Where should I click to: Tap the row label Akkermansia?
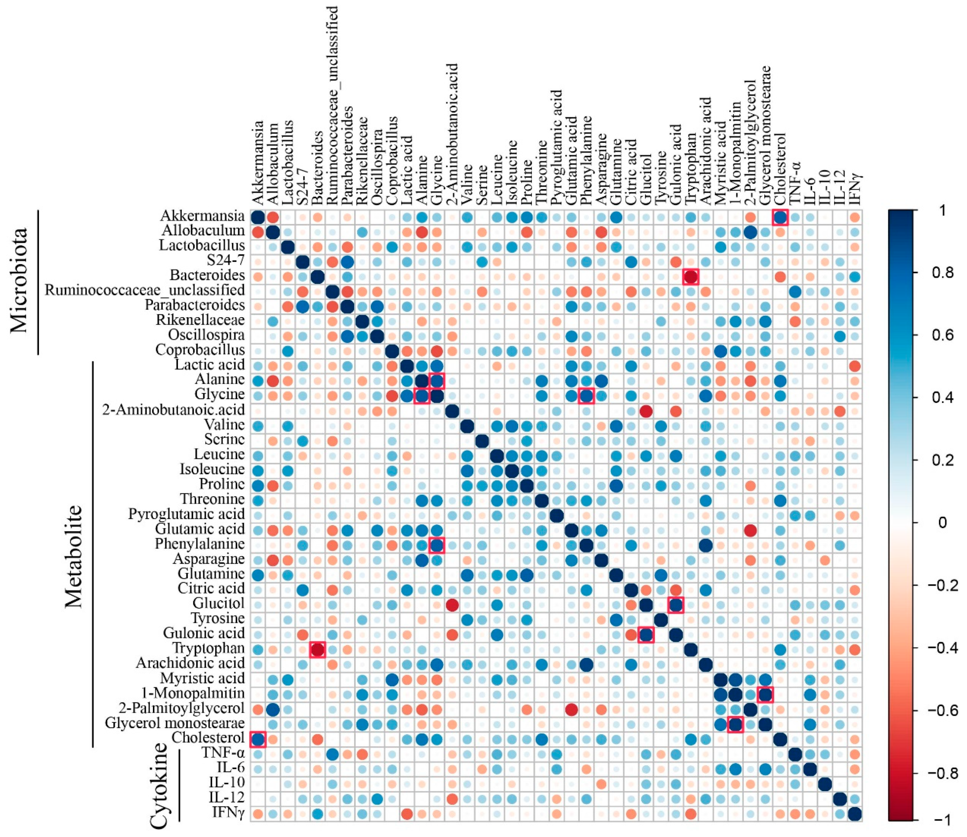pyautogui.click(x=202, y=216)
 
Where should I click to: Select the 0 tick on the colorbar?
pyautogui.click(x=942, y=522)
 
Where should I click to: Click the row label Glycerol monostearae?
pyautogui.click(x=175, y=723)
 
